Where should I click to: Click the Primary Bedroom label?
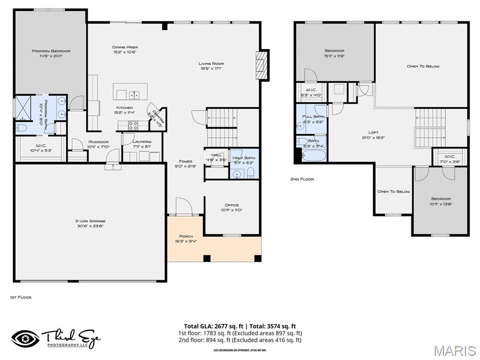click(x=51, y=51)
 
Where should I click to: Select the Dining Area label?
click(x=125, y=47)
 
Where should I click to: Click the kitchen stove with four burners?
click(x=133, y=125)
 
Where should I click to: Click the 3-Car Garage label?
click(x=90, y=221)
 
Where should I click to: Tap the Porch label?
click(x=186, y=236)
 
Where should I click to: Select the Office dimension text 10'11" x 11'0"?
click(x=232, y=210)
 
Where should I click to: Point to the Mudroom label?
click(x=98, y=142)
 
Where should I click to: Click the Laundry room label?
click(x=141, y=142)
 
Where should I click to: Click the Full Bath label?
click(x=314, y=116)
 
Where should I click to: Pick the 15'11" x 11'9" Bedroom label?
click(x=334, y=51)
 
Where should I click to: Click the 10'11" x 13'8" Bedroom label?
click(x=441, y=199)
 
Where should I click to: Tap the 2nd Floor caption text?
click(x=302, y=179)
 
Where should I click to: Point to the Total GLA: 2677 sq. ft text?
click(x=213, y=326)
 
